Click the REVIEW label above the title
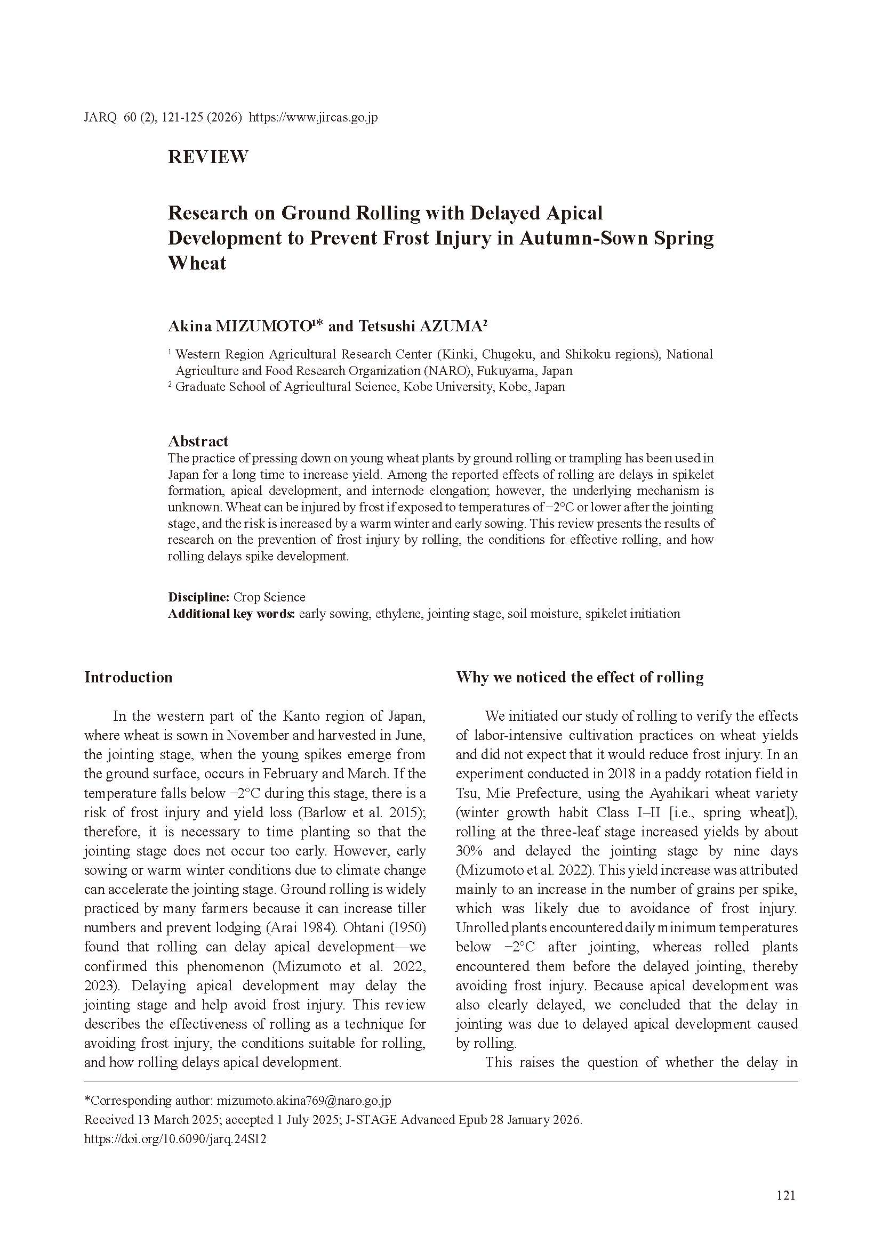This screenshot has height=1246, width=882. [208, 157]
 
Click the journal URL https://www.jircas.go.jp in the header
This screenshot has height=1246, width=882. [313, 117]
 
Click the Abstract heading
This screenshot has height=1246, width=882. [198, 441]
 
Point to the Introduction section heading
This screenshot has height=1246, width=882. [128, 677]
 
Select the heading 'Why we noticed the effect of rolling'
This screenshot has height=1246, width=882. [580, 677]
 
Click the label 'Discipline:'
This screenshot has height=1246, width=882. [199, 598]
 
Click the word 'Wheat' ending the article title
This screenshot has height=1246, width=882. [197, 263]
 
